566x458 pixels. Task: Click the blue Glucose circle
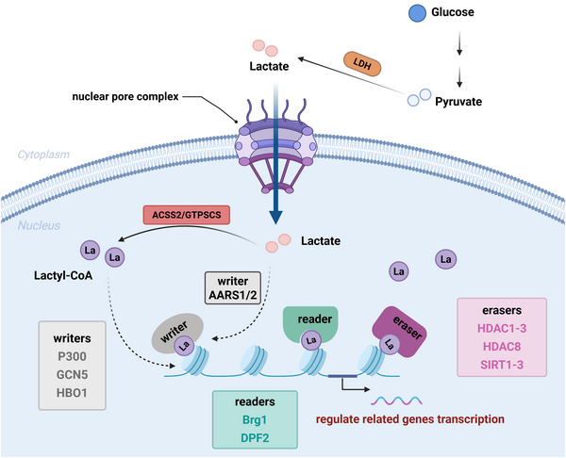point(417,13)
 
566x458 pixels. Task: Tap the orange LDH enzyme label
point(362,64)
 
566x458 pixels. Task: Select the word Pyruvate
point(458,102)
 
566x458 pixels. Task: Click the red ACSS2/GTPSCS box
point(187,215)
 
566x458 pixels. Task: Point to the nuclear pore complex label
point(125,97)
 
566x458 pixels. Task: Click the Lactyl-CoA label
point(63,275)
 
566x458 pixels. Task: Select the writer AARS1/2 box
point(233,287)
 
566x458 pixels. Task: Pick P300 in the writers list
point(73,356)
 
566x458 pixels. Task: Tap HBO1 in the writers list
point(72,393)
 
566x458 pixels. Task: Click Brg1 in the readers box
point(255,420)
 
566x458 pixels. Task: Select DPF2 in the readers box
point(255,438)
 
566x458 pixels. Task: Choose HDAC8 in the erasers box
point(502,347)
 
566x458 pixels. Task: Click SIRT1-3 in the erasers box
point(502,365)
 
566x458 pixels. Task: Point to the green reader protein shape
point(310,322)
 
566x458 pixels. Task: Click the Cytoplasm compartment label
point(43,155)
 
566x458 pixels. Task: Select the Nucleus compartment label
point(39,226)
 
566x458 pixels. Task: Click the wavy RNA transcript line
point(397,401)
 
